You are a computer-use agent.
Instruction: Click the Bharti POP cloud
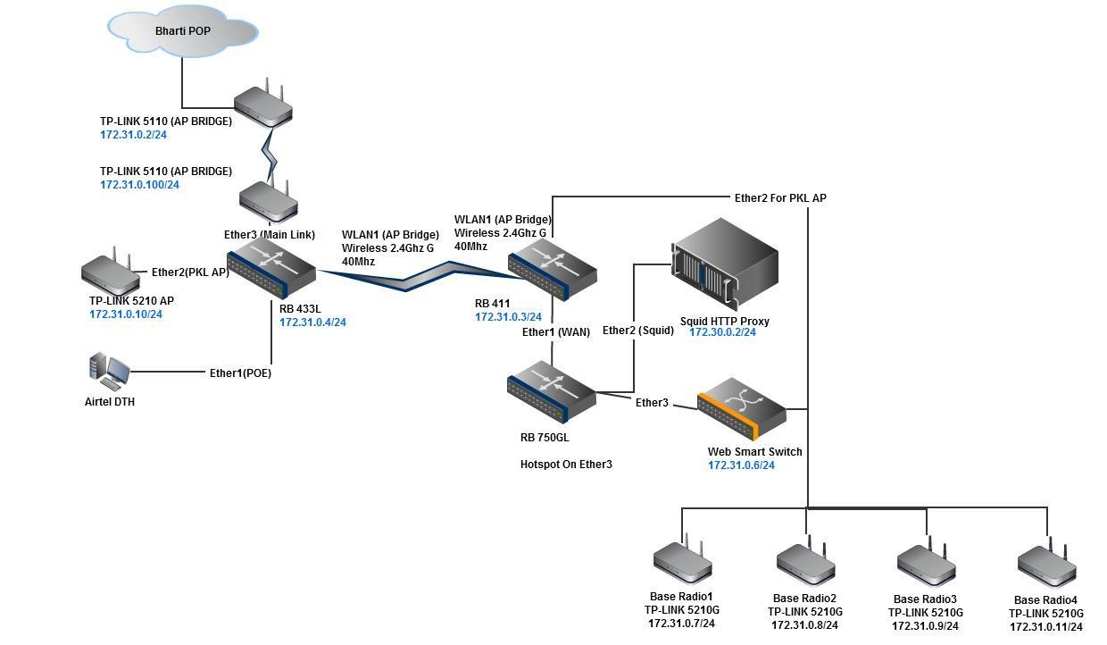pos(183,32)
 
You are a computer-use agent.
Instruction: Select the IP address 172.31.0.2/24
pos(133,135)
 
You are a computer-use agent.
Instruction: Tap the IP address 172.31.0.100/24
pos(139,185)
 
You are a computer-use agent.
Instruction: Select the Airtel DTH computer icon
pos(109,372)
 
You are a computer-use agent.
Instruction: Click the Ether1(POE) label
pos(240,373)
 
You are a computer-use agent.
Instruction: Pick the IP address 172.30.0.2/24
pos(722,332)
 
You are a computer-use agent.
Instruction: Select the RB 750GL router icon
pos(551,390)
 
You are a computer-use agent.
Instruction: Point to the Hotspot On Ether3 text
pos(566,465)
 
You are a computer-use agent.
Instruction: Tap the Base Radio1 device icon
pos(682,561)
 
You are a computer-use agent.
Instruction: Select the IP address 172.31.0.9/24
pos(925,626)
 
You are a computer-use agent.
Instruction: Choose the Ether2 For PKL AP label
pos(779,197)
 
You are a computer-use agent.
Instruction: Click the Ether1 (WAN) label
pos(555,332)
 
